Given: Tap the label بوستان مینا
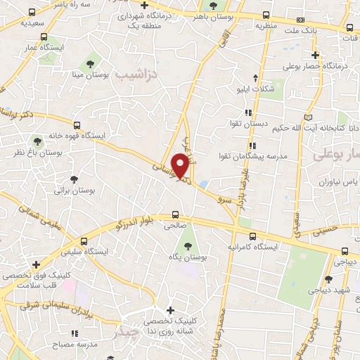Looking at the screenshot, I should [103, 72].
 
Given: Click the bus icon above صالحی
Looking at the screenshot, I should [175, 214].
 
